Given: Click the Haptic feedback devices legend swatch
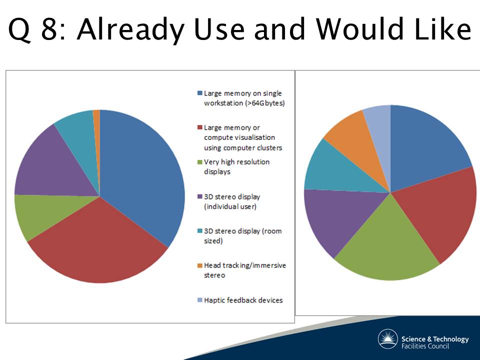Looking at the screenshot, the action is [200, 300].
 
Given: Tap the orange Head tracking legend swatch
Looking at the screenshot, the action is [200, 265].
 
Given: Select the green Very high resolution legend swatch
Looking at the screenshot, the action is [200, 162].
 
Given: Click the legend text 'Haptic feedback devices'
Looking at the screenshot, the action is [243, 300].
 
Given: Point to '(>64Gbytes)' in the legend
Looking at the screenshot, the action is [265, 103].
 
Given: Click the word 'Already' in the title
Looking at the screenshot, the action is [130, 29].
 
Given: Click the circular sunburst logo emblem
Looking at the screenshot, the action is [388, 339].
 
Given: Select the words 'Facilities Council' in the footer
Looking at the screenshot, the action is [425, 346].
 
